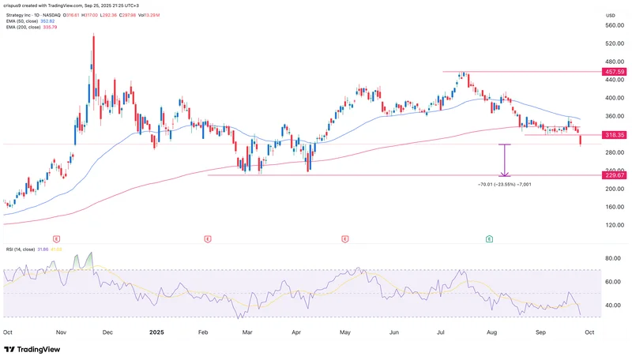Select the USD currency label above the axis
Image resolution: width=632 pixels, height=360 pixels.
pyautogui.click(x=609, y=14)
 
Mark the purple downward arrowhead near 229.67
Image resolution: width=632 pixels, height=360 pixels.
pyautogui.click(x=504, y=173)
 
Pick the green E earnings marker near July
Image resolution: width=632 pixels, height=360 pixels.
pyautogui.click(x=490, y=238)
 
